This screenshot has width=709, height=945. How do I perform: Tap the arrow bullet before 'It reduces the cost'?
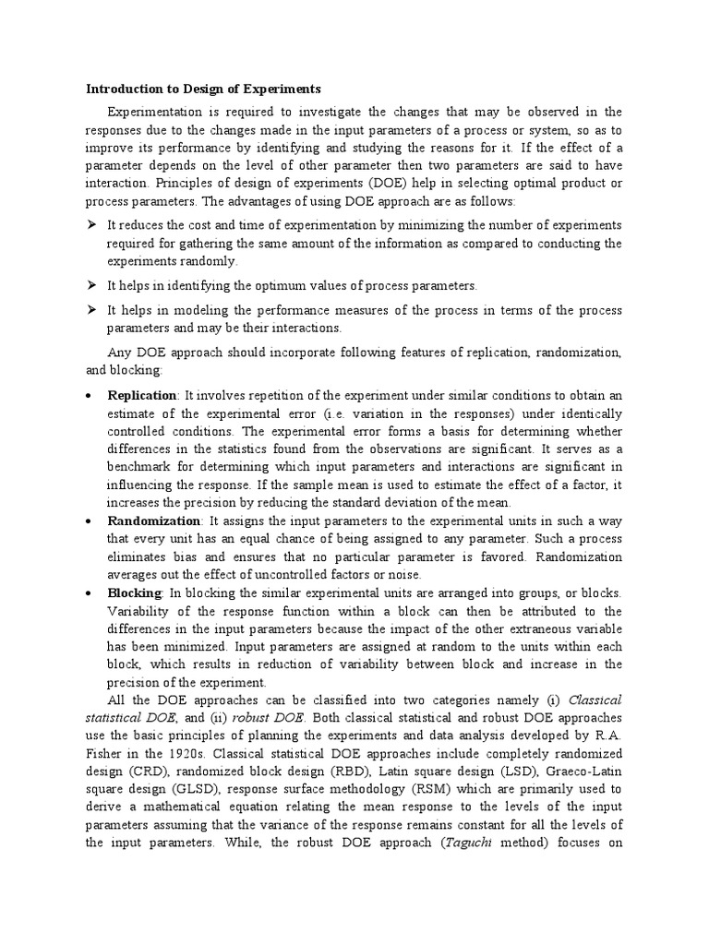[x=91, y=226]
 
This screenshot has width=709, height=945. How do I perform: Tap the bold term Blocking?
[x=135, y=592]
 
